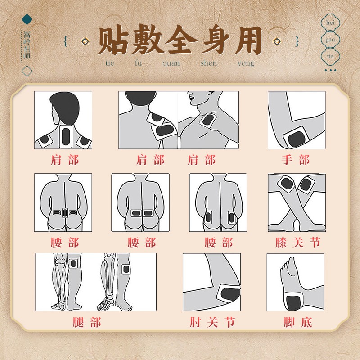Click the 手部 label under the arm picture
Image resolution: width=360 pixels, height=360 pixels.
click(x=296, y=160)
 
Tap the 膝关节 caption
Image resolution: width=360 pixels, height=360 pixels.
click(x=298, y=243)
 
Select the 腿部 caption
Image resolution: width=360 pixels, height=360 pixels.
click(x=87, y=322)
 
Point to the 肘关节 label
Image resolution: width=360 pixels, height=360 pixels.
click(x=212, y=322)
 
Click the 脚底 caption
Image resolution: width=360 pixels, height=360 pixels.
click(x=298, y=322)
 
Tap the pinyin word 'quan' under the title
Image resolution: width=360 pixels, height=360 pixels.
click(x=171, y=63)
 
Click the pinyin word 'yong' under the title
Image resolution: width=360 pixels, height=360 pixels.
click(x=246, y=63)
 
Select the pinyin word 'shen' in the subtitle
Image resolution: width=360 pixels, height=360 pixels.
click(x=208, y=63)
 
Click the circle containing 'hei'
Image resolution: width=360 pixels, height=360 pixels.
click(x=330, y=22)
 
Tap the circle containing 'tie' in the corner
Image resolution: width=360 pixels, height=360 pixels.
click(x=330, y=56)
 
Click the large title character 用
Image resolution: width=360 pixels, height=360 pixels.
click(x=248, y=40)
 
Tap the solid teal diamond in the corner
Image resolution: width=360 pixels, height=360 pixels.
click(x=27, y=19)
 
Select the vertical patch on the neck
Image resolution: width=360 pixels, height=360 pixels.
click(x=66, y=136)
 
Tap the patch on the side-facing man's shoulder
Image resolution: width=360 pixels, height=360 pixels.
click(x=208, y=120)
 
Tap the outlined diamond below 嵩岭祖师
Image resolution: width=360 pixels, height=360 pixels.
click(x=27, y=71)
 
